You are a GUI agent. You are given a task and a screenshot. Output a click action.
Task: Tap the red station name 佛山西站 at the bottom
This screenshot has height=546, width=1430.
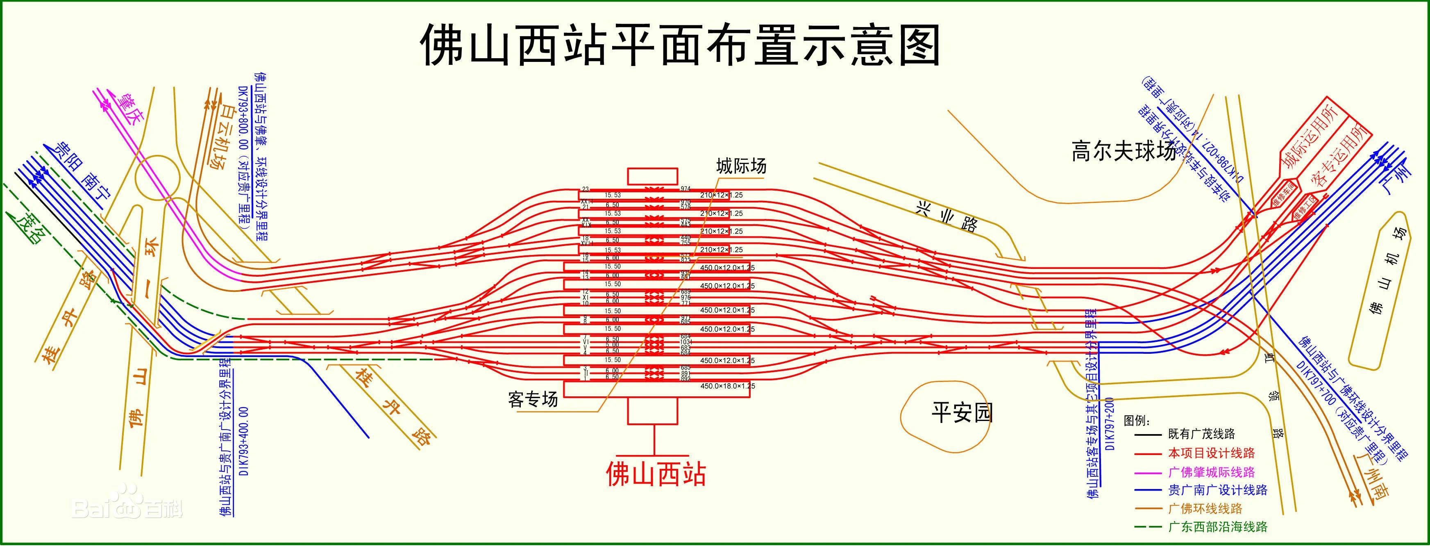pyautogui.click(x=656, y=475)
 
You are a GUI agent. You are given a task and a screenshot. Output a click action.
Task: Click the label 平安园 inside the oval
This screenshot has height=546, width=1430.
pyautogui.click(x=962, y=413)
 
